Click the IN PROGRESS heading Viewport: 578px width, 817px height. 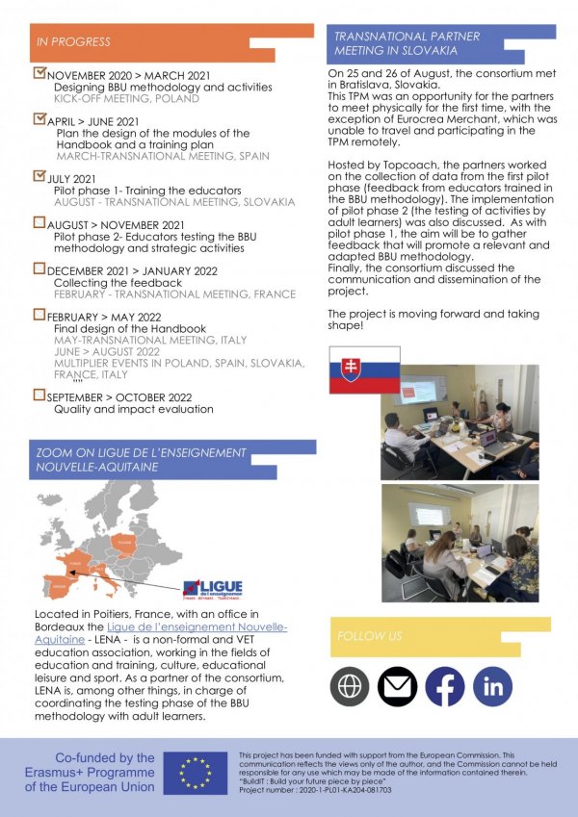point(73,42)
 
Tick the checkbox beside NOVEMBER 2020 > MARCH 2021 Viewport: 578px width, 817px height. point(39,72)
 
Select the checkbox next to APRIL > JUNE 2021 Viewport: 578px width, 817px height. point(39,119)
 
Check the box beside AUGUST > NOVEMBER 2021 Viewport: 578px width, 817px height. point(39,222)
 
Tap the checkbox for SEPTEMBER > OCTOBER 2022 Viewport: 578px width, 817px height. point(39,395)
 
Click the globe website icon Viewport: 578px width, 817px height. point(350,685)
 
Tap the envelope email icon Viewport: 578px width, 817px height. point(397,685)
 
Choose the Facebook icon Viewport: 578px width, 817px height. point(445,685)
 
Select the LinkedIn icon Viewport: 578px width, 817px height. point(493,685)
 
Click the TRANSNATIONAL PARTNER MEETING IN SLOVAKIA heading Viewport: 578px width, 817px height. point(407,43)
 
